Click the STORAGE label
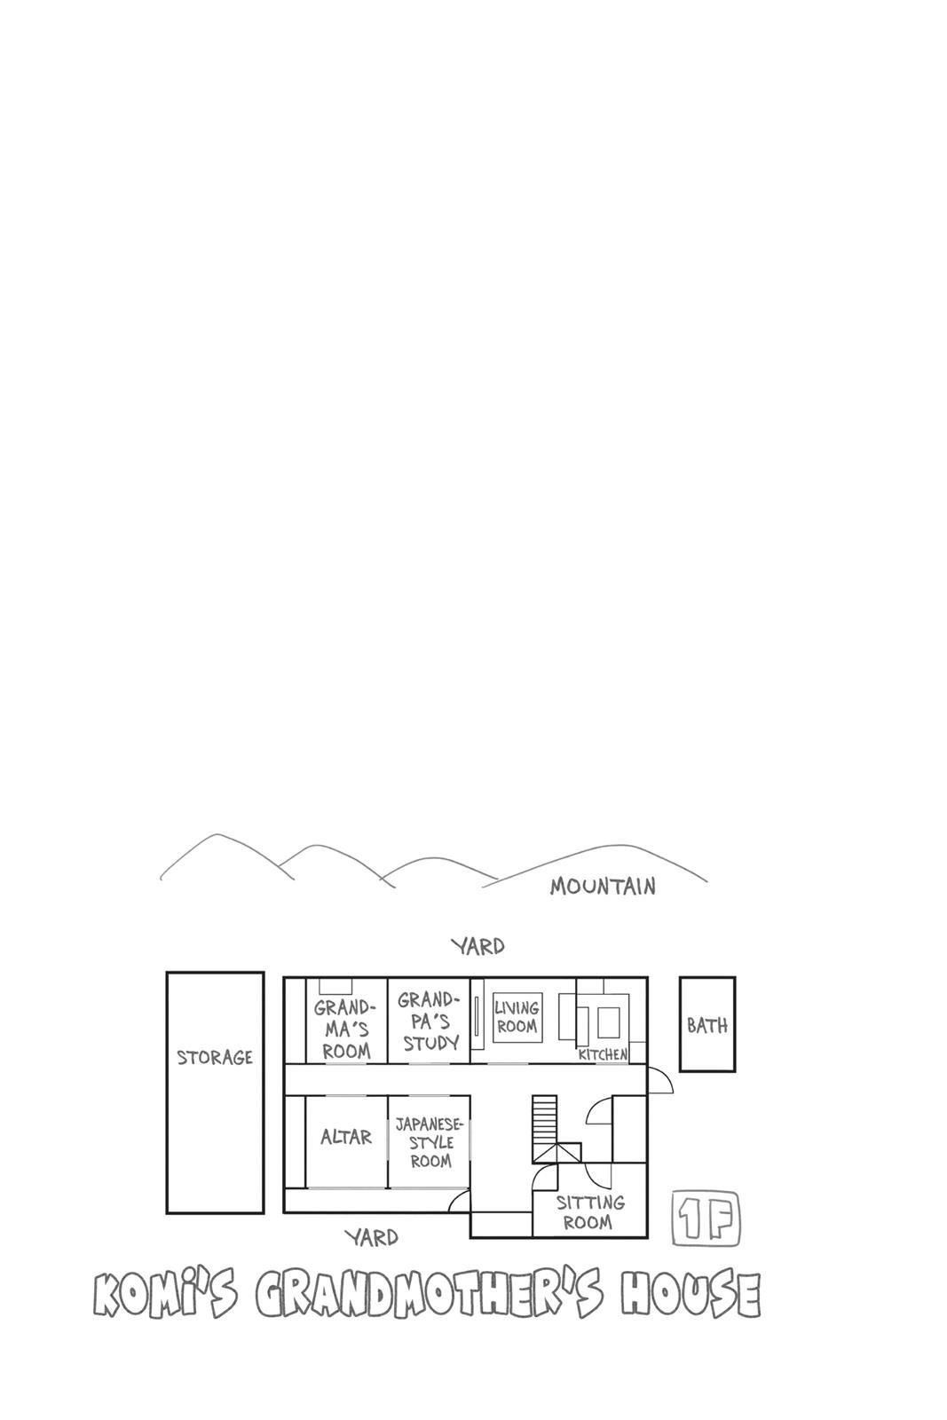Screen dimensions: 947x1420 click(214, 1057)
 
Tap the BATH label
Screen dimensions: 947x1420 click(707, 1024)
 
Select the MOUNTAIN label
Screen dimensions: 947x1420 click(602, 886)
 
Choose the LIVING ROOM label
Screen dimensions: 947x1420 click(517, 1017)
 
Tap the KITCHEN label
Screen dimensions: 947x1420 click(603, 1054)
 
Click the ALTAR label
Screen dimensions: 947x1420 click(345, 1137)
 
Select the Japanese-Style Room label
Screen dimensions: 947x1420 click(430, 1143)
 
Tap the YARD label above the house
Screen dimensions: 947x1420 click(477, 946)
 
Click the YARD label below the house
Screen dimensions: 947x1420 click(372, 1237)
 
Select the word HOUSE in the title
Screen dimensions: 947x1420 click(691, 1295)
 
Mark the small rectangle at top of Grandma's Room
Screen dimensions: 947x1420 click(335, 985)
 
